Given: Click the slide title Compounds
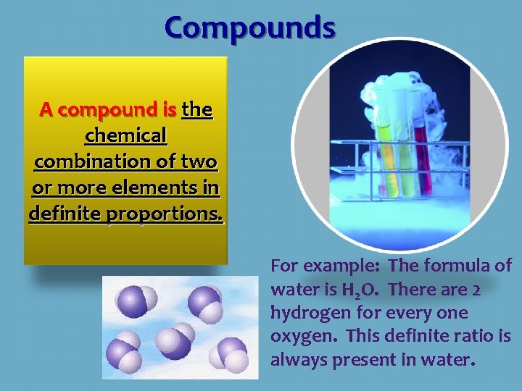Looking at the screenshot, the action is pyautogui.click(x=250, y=28).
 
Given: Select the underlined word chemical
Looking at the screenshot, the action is pyautogui.click(x=126, y=135).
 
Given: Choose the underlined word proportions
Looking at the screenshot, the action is pyautogui.click(x=164, y=214).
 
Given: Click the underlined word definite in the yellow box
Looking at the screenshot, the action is pyautogui.click(x=65, y=213).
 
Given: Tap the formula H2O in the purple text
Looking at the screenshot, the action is pyautogui.click(x=360, y=290).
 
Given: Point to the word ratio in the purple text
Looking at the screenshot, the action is pyautogui.click(x=473, y=335).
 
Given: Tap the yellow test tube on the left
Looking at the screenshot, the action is pyautogui.click(x=387, y=159).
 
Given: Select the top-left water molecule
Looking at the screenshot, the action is pyautogui.click(x=136, y=301).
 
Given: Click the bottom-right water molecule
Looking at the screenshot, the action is pyautogui.click(x=229, y=355).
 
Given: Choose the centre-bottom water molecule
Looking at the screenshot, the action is pyautogui.click(x=175, y=341).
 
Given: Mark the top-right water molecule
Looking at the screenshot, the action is pyautogui.click(x=205, y=304).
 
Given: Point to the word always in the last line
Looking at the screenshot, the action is pyautogui.click(x=299, y=360).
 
